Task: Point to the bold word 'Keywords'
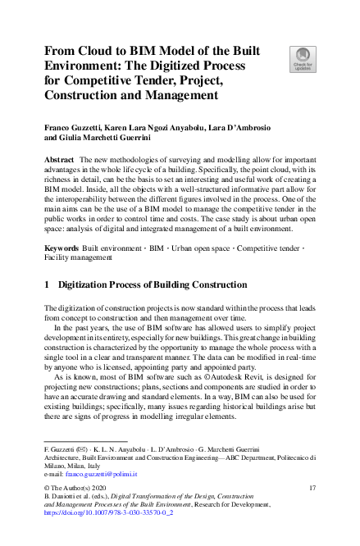(x=62, y=246)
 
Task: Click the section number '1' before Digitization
(x=47, y=284)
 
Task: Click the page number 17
(x=312, y=489)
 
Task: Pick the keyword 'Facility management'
(x=78, y=257)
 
